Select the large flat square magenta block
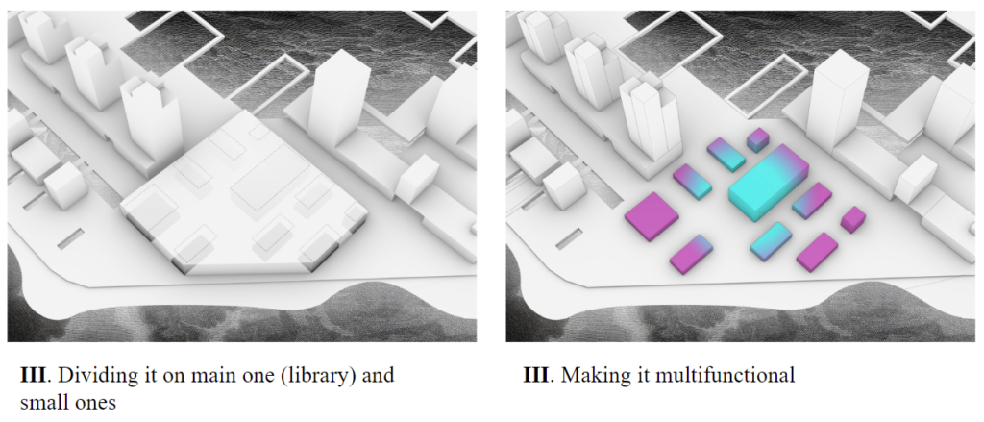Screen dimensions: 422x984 tap(652, 216)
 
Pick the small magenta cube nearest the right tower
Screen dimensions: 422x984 tap(853, 219)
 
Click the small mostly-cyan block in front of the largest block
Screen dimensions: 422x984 tap(771, 241)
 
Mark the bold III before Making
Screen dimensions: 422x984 tap(534, 375)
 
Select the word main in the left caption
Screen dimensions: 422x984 tap(208, 375)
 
